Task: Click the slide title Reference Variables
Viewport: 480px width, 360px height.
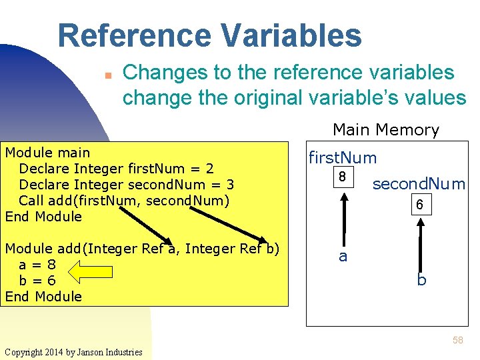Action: [x=209, y=36]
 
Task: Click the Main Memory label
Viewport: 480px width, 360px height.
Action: [x=385, y=129]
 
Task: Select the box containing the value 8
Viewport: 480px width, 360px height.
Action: [x=342, y=178]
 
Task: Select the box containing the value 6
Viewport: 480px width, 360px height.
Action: [x=419, y=205]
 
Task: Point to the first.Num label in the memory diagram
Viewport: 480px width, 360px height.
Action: [x=342, y=158]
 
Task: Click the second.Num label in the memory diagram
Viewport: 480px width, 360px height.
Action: [x=419, y=184]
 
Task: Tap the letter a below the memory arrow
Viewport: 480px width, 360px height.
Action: [x=343, y=257]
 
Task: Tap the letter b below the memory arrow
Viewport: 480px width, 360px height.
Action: [x=421, y=281]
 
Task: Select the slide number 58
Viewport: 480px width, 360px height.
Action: [x=457, y=340]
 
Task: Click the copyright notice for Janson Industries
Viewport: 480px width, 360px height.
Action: [x=73, y=352]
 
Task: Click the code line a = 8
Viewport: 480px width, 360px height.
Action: [x=37, y=265]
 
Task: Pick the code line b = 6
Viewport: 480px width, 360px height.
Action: [x=37, y=281]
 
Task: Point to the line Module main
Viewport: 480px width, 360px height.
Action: [x=47, y=153]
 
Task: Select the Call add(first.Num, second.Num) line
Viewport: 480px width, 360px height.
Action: [x=124, y=201]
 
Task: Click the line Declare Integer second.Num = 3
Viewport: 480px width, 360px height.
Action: [x=127, y=185]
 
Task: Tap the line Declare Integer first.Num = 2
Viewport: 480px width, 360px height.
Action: [x=116, y=169]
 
